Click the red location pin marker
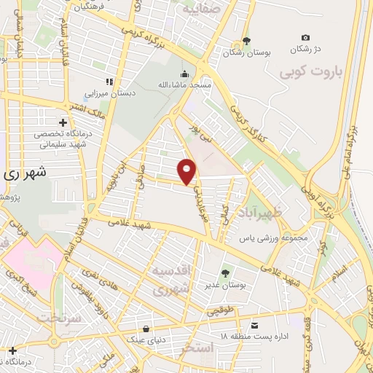(x=188, y=170)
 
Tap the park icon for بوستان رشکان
(x=246, y=41)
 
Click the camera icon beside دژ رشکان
(x=305, y=38)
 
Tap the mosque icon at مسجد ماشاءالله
(x=184, y=73)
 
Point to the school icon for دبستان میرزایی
(x=110, y=82)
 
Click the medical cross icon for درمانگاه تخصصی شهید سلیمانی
(x=63, y=122)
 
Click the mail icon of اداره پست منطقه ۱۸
(x=254, y=325)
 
